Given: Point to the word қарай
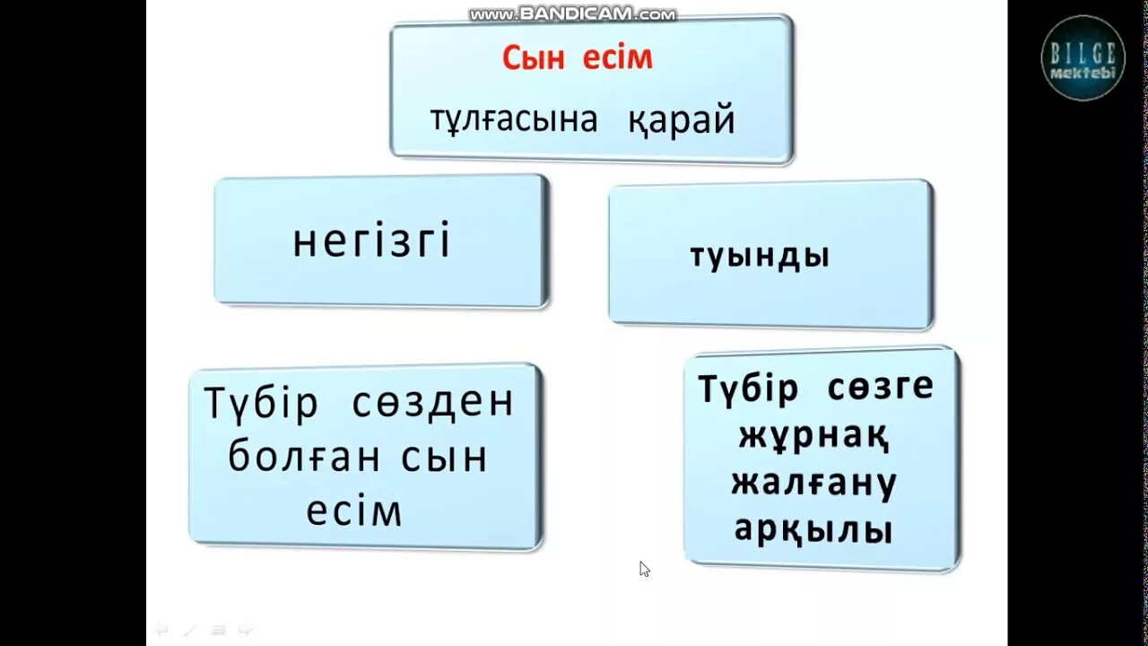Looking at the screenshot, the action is pyautogui.click(x=682, y=119).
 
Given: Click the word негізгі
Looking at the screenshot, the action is pyautogui.click(x=372, y=242).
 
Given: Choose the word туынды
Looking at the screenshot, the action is pyautogui.click(x=760, y=257).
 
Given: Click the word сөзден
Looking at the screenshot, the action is pyautogui.click(x=432, y=404).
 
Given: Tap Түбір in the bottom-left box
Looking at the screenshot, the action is pyautogui.click(x=261, y=404).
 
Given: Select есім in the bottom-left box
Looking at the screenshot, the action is pyautogui.click(x=354, y=511).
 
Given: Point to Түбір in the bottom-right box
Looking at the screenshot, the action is pyautogui.click(x=748, y=388).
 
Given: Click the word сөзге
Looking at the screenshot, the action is pyautogui.click(x=880, y=388).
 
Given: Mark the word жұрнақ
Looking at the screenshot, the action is pyautogui.click(x=813, y=437).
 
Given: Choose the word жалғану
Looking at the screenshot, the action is pyautogui.click(x=813, y=484).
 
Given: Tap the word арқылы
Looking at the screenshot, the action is pyautogui.click(x=813, y=530).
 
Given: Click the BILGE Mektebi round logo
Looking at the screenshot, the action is pyautogui.click(x=1083, y=58).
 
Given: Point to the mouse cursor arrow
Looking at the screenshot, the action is pyautogui.click(x=644, y=568).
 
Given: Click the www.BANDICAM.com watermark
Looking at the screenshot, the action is pyautogui.click(x=573, y=14).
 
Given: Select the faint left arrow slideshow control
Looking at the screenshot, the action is pyautogui.click(x=161, y=629).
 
